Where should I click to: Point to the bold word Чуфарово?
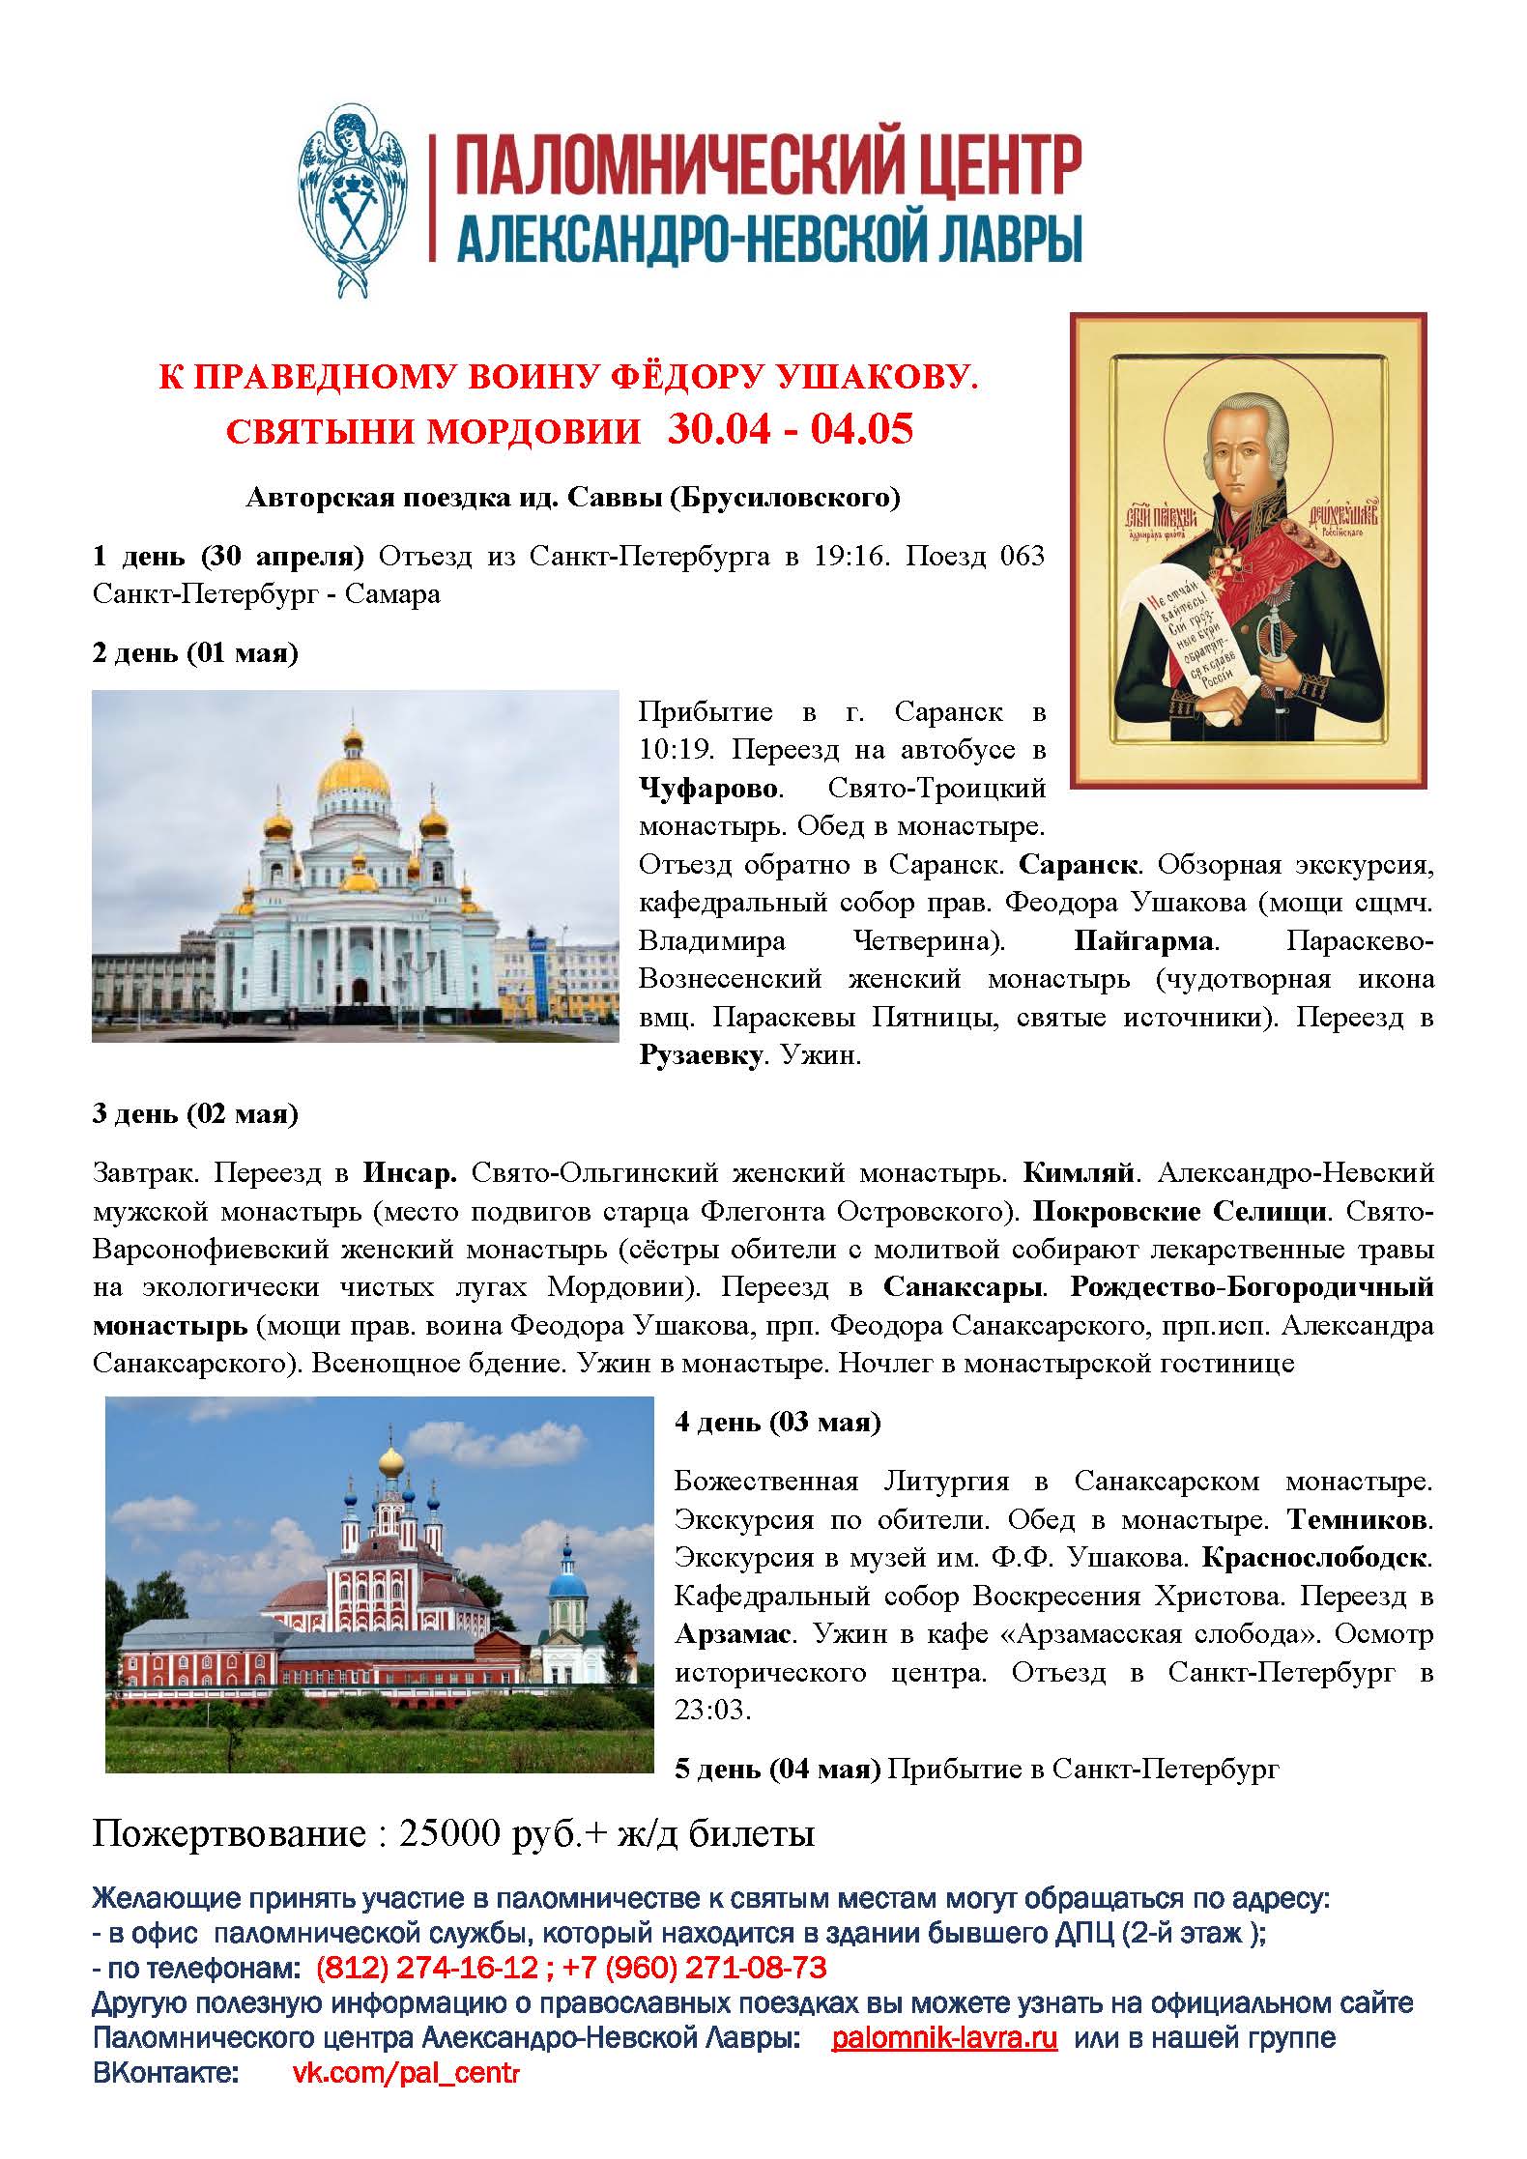tap(708, 788)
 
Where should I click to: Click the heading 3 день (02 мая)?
tap(195, 1113)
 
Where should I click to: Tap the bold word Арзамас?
tap(733, 1634)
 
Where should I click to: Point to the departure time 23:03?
tap(711, 1710)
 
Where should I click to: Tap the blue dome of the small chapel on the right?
tap(569, 1585)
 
